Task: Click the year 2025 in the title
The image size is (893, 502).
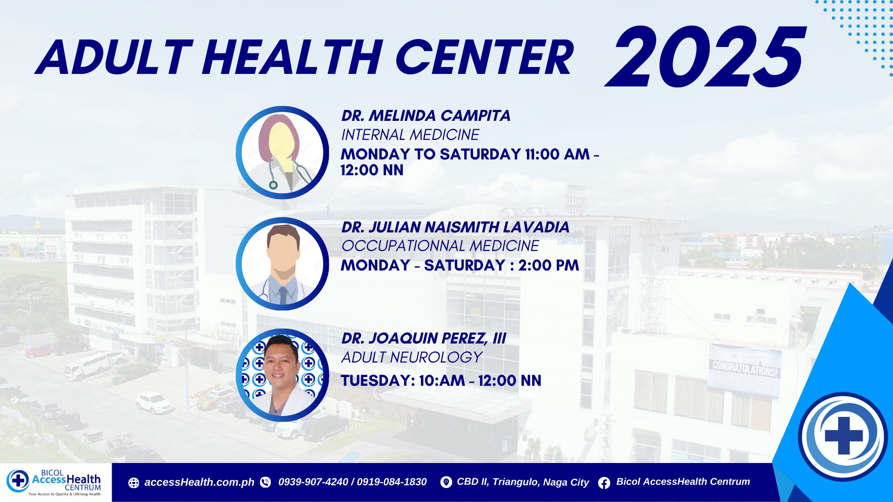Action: coord(705,57)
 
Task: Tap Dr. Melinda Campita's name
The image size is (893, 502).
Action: coord(426,115)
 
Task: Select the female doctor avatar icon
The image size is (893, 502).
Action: coord(282,152)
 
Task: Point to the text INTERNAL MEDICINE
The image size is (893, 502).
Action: coord(410,135)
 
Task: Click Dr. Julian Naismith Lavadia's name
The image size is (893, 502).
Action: coord(455,227)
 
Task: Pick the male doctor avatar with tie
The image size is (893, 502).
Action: coord(282,264)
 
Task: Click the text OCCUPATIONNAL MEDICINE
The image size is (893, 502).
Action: coord(440,246)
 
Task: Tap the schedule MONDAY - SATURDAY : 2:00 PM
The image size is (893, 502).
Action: coord(460,265)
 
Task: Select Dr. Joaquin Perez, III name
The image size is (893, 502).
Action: coord(424,338)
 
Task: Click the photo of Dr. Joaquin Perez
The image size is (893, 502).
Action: coord(282,375)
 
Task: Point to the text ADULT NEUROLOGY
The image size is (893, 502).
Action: coord(412,357)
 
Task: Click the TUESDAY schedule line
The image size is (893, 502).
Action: coord(441,381)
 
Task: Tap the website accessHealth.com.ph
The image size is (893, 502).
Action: coord(199,482)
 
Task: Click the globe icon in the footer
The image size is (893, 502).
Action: coord(133,483)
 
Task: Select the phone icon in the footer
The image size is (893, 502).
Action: coord(266,482)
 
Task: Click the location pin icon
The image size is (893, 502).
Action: coord(446,482)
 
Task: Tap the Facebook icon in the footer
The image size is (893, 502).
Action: coord(604,483)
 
